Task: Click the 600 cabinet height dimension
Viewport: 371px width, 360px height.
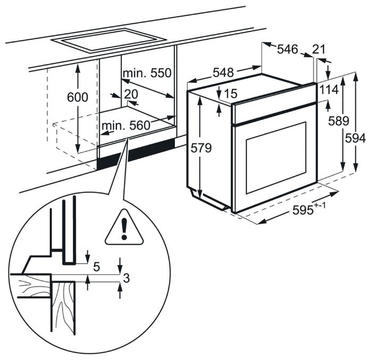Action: coord(78,98)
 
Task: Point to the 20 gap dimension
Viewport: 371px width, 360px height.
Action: coord(131,94)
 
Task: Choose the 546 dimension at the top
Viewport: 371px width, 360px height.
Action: coord(287,49)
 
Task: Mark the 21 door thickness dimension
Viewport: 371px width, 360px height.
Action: coord(319,49)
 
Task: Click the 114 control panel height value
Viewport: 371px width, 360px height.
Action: coord(329,90)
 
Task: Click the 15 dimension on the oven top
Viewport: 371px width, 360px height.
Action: coord(230,94)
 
